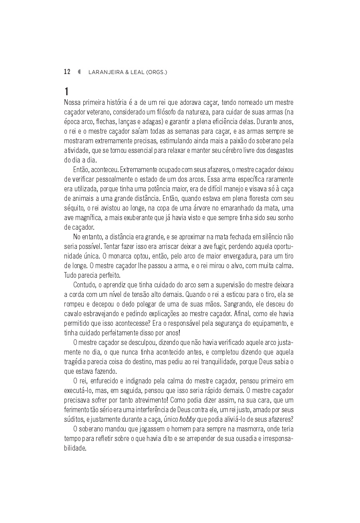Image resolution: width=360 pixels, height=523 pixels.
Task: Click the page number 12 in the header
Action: [x=67, y=72]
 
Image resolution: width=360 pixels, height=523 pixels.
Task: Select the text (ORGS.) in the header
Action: [x=157, y=72]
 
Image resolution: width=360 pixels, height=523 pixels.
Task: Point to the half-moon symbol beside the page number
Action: [x=79, y=72]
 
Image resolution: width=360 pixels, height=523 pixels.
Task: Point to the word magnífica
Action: [x=89, y=218]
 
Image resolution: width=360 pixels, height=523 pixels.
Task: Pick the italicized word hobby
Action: [x=187, y=419]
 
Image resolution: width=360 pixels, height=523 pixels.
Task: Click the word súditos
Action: [x=74, y=419]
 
